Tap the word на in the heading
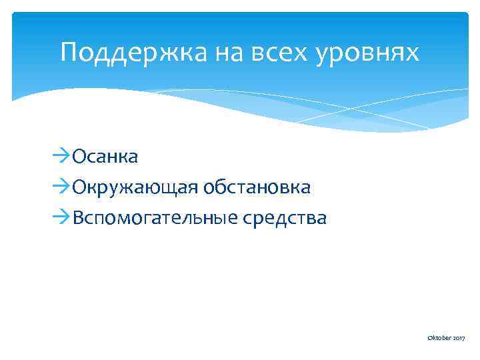point(225,53)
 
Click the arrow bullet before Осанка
point(61,157)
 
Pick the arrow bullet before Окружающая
point(61,187)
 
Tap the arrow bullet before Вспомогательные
point(61,218)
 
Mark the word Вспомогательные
point(151,218)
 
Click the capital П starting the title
point(69,52)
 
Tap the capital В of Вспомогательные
point(78,218)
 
